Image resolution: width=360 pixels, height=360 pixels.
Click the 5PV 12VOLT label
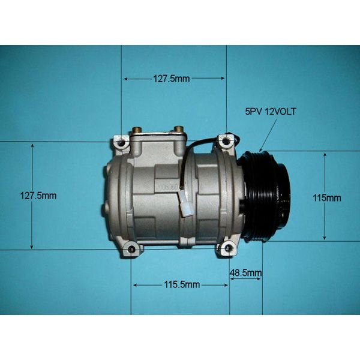click(271, 112)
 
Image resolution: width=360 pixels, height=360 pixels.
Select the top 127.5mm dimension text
click(172, 79)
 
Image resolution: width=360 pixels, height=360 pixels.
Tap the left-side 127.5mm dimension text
click(38, 196)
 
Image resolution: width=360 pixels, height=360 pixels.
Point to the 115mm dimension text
click(327, 197)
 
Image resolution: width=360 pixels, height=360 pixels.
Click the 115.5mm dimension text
click(182, 284)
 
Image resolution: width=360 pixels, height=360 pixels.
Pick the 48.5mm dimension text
click(245, 273)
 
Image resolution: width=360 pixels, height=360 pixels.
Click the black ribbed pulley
click(266, 196)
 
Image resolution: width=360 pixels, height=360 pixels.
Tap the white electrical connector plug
click(186, 204)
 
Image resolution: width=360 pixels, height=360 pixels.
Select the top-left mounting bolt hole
click(121, 143)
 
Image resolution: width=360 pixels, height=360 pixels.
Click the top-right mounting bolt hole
click(226, 142)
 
